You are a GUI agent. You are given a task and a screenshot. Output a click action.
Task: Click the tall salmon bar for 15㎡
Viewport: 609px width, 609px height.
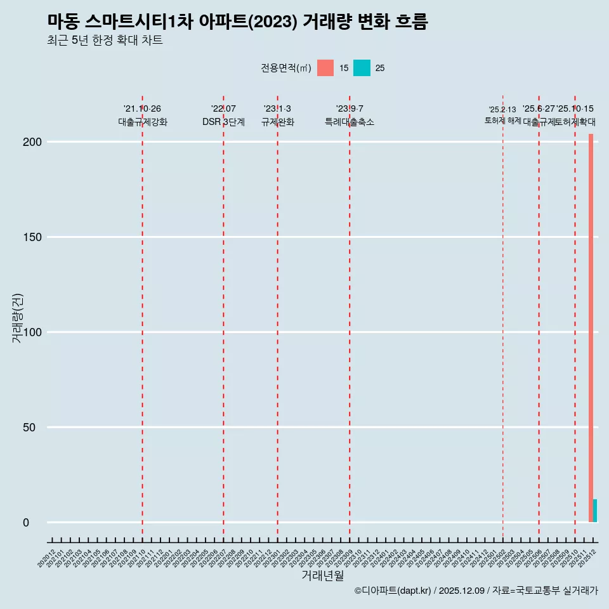click(x=591, y=327)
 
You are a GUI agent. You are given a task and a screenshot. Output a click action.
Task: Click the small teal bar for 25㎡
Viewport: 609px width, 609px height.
click(x=595, y=511)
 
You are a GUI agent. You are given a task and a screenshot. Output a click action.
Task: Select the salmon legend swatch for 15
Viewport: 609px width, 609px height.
click(x=325, y=68)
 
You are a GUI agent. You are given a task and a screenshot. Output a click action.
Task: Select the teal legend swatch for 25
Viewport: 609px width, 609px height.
click(x=362, y=68)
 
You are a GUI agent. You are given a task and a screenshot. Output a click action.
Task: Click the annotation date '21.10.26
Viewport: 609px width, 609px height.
click(x=142, y=108)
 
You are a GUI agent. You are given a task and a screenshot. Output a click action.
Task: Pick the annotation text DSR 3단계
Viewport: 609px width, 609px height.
click(x=223, y=122)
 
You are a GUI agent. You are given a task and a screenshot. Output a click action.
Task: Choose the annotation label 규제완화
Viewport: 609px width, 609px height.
click(x=277, y=122)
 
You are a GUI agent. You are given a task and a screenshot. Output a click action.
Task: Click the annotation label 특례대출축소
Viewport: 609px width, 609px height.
click(x=350, y=122)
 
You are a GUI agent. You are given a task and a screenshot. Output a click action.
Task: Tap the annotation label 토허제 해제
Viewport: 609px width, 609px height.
click(x=502, y=120)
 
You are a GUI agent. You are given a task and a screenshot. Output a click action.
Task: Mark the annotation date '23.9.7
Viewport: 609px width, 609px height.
click(x=350, y=108)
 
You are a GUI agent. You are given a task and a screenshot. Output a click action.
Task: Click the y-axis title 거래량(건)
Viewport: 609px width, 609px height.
click(x=17, y=318)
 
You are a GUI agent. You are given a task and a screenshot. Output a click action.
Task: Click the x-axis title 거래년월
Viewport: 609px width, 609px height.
click(x=323, y=576)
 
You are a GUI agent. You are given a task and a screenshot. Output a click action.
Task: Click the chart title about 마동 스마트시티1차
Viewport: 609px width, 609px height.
click(x=237, y=22)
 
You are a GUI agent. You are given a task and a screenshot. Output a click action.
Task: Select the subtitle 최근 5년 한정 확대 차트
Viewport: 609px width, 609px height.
click(x=105, y=41)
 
